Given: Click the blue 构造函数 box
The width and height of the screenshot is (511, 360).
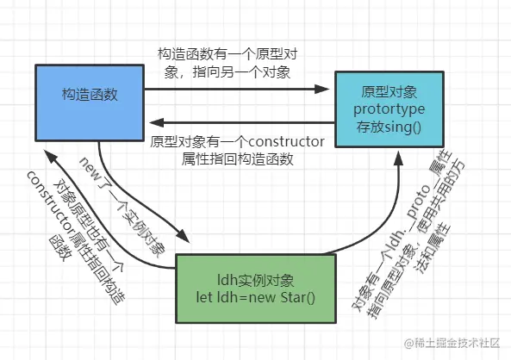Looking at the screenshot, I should coord(85,93).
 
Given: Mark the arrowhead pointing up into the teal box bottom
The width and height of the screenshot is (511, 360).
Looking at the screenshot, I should coord(400,158).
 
